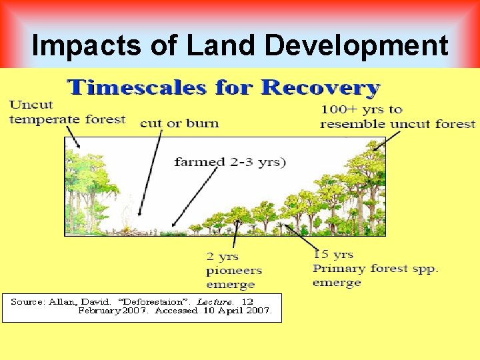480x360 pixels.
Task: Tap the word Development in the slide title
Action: pos(357,46)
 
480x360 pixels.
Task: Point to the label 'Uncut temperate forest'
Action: pos(67,112)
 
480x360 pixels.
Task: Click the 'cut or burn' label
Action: pos(179,123)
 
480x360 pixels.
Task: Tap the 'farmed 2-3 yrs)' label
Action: pos(230,161)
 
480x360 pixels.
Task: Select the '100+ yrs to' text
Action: pos(361,109)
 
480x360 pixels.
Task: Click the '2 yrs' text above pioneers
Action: pos(222,257)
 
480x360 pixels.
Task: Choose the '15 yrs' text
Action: pos(333,254)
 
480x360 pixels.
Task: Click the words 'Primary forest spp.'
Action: pos(375,269)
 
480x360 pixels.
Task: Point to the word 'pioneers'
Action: pos(234,271)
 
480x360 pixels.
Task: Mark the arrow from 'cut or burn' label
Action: pos(151,173)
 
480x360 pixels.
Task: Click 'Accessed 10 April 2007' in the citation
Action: pos(213,311)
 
